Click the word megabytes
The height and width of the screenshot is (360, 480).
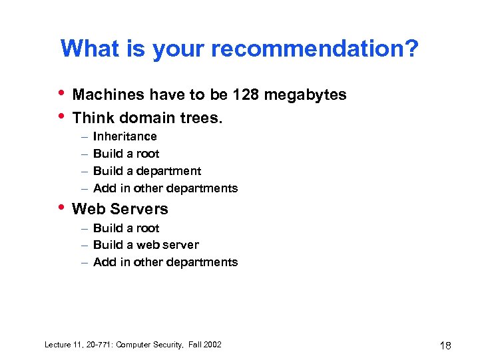point(305,95)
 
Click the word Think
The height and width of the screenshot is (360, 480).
point(92,118)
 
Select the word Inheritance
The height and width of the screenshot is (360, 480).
point(125,136)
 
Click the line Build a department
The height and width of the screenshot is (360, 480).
point(147,171)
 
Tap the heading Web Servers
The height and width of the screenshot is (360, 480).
point(120,209)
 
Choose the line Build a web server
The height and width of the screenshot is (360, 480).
point(146,245)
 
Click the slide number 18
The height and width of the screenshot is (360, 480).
point(445,345)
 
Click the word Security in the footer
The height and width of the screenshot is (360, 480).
point(165,345)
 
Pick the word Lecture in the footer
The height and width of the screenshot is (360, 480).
point(58,345)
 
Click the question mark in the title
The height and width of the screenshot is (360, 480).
point(412,49)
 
